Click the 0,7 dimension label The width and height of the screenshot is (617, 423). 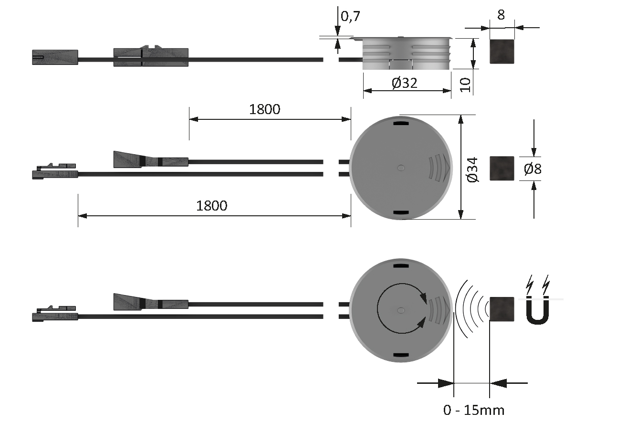coord(350,16)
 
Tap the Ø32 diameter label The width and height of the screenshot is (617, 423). coord(404,83)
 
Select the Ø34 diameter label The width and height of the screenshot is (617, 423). coord(473,170)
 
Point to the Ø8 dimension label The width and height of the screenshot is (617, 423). coord(533,169)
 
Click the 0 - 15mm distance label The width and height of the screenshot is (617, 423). coord(474,410)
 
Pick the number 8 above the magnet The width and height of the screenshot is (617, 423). coord(501,15)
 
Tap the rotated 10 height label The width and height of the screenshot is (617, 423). coord(466,85)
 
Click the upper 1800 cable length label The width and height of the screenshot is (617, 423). coord(265,109)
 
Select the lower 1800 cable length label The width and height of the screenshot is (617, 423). coord(211,206)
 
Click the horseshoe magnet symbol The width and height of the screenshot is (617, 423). coord(537,311)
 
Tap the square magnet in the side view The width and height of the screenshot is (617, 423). coord(502,52)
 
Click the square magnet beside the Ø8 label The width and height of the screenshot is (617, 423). coord(502,169)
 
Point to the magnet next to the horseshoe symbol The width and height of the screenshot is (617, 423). coord(502,309)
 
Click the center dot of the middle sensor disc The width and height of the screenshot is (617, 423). coord(401,168)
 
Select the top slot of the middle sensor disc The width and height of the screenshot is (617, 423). coord(401,123)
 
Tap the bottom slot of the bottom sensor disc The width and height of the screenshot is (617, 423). coord(401,355)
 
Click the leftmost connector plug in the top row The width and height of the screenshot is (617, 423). coord(55,57)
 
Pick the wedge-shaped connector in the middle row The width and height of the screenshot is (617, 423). coord(151,159)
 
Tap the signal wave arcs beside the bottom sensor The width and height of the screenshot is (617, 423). coord(471,309)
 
